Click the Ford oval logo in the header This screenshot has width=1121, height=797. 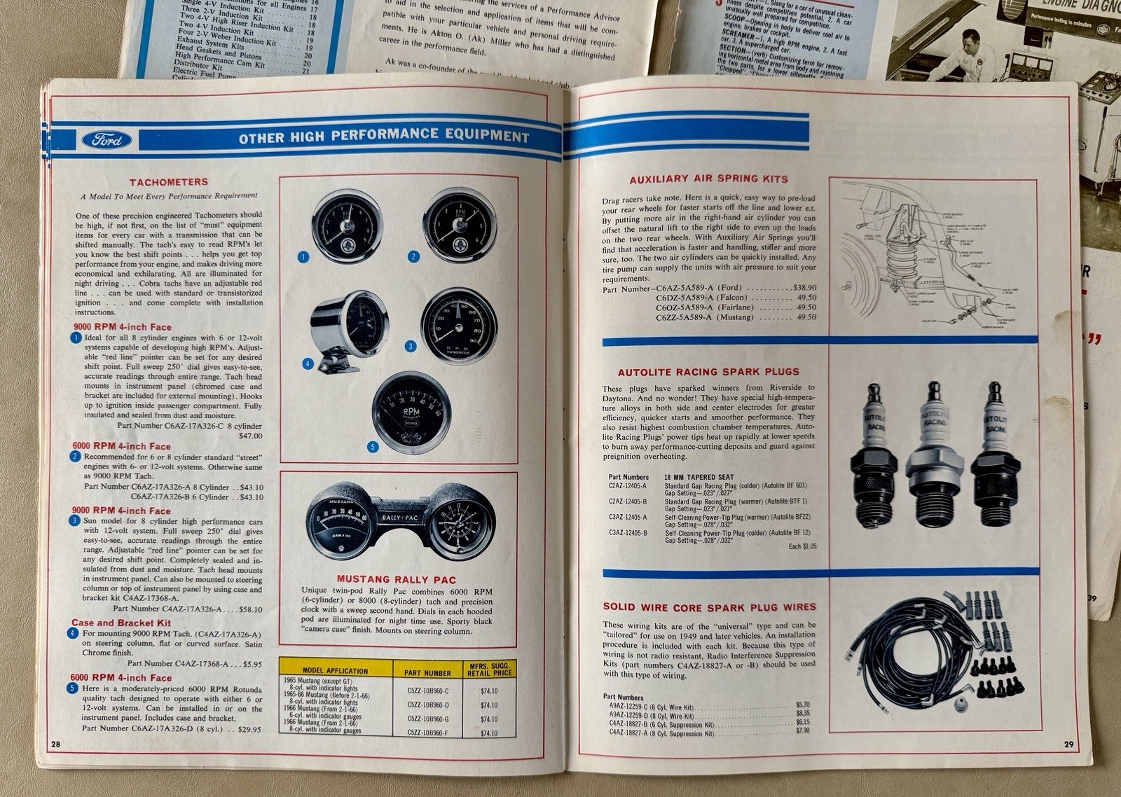point(106,140)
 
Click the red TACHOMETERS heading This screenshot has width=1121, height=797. point(168,182)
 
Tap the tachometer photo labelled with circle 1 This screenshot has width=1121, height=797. point(347,226)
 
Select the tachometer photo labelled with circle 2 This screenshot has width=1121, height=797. point(459,226)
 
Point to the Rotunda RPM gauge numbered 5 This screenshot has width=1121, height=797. point(411,413)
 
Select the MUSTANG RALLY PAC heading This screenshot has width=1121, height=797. point(396,580)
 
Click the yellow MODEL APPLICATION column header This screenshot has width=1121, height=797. point(335,670)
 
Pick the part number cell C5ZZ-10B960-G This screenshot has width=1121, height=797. point(427,719)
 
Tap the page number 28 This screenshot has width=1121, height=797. point(55,743)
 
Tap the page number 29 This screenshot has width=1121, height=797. point(1068,744)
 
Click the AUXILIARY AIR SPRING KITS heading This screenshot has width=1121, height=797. point(708,179)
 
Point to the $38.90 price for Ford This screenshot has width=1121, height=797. point(804,288)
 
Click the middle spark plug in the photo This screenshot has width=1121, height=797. point(932,455)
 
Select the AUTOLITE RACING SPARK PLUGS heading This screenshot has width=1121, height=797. point(708,372)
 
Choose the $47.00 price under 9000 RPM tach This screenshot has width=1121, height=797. point(250,436)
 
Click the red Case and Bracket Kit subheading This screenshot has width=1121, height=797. point(121,623)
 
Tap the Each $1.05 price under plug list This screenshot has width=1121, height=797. point(802,546)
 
